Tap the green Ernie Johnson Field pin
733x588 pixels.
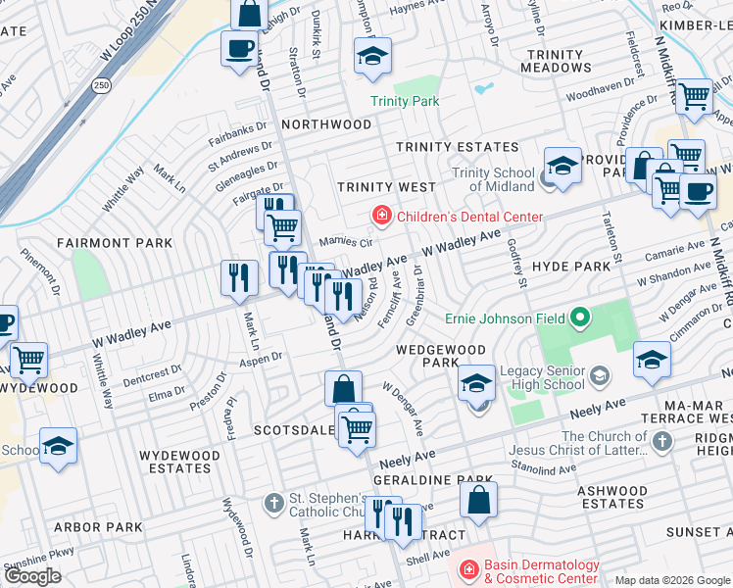(580, 318)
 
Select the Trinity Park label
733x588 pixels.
(405, 101)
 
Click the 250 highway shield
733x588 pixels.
(102, 86)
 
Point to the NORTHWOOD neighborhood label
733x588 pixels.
(326, 124)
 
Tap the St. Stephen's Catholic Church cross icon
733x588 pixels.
(275, 503)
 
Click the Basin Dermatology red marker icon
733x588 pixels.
(468, 569)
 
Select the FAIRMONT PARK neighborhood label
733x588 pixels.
(115, 243)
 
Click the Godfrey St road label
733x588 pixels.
(519, 268)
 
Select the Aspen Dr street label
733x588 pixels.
(263, 359)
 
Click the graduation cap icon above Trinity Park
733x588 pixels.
(372, 58)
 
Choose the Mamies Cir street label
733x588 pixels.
(346, 242)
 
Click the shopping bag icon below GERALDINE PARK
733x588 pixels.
(477, 501)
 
